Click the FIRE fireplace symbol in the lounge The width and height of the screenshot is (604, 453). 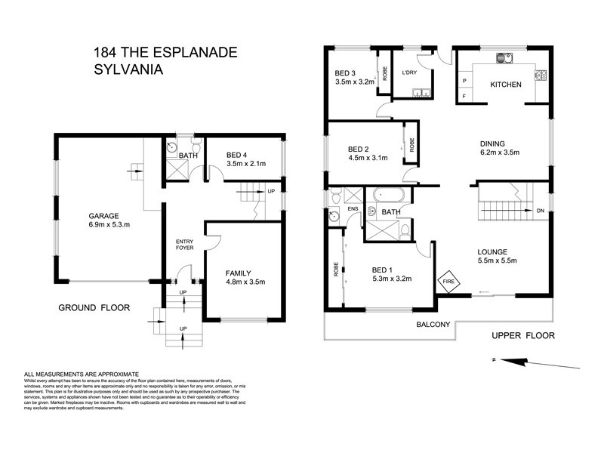pos(448,280)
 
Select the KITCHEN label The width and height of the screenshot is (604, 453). pos(506,85)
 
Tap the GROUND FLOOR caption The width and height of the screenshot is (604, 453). pos(94,307)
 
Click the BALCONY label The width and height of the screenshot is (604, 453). pos(432,325)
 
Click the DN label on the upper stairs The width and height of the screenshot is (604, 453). pos(541,210)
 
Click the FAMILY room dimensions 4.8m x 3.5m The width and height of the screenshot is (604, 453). pos(245,283)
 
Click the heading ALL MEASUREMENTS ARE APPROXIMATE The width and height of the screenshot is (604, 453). pos(82,374)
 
